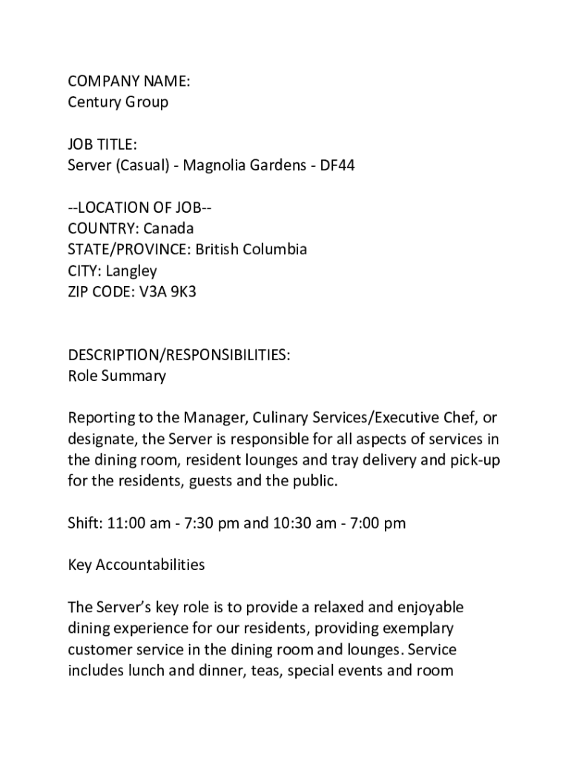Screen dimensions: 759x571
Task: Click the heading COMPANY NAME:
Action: tap(129, 81)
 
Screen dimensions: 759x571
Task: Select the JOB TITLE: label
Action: tap(102, 144)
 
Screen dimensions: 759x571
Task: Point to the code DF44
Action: tap(337, 165)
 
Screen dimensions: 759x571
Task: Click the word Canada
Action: tap(168, 228)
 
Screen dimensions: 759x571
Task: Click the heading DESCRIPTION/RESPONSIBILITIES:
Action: tap(179, 355)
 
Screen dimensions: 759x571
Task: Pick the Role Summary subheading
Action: tap(117, 376)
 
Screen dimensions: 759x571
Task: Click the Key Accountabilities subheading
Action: tap(136, 565)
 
